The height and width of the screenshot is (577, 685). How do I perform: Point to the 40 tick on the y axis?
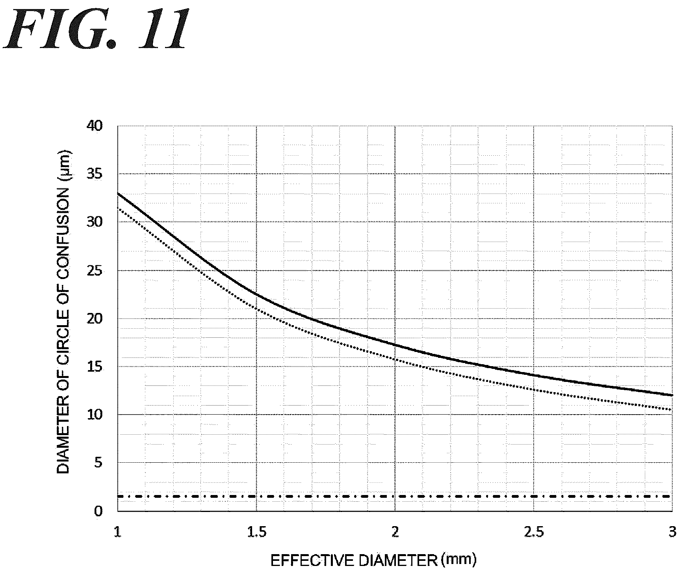point(94,126)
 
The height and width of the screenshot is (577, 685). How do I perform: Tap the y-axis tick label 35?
point(94,174)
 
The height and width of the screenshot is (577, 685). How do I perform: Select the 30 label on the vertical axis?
point(94,222)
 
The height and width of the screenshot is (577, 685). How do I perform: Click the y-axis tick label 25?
point(94,271)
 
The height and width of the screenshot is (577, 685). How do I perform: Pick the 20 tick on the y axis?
point(94,318)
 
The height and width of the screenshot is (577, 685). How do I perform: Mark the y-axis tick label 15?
point(94,367)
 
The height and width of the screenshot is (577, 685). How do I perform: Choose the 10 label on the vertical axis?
point(94,415)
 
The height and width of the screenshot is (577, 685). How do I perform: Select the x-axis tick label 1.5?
point(257,532)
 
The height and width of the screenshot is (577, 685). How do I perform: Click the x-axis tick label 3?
point(672,532)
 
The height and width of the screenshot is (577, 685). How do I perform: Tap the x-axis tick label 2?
point(395,532)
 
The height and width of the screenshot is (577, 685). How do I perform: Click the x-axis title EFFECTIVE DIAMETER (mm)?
point(373,560)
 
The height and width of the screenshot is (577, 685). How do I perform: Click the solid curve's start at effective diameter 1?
point(118,193)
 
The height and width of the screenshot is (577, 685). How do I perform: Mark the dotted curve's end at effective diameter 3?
point(671,410)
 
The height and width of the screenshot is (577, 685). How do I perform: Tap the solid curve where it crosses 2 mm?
point(395,344)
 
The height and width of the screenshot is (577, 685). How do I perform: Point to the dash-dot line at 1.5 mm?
point(256,496)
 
